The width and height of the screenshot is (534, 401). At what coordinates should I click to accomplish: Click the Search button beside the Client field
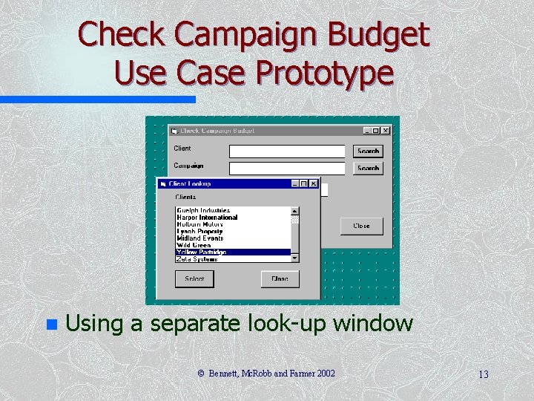[368, 151]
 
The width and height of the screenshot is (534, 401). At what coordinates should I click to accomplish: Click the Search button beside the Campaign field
[368, 168]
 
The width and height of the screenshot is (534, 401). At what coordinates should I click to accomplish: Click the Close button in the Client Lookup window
[280, 278]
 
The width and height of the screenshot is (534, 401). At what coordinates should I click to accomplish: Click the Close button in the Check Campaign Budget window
[361, 226]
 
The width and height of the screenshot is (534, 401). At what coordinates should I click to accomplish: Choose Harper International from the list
[207, 218]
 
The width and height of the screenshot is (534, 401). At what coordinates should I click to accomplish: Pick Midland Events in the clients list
[200, 238]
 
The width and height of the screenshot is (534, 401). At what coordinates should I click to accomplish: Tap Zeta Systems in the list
[197, 258]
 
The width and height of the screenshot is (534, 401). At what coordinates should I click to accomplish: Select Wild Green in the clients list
[194, 245]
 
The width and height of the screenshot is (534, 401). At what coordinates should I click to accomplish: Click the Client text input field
[287, 151]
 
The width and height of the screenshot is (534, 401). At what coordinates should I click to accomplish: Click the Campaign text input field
[287, 168]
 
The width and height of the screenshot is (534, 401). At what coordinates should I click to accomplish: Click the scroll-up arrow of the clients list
[295, 211]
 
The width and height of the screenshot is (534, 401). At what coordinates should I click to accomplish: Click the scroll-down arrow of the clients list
[295, 258]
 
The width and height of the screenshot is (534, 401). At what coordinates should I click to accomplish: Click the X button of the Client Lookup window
[314, 183]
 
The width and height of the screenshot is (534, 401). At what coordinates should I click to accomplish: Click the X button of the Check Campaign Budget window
[386, 131]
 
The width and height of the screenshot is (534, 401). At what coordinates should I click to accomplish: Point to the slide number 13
[483, 374]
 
